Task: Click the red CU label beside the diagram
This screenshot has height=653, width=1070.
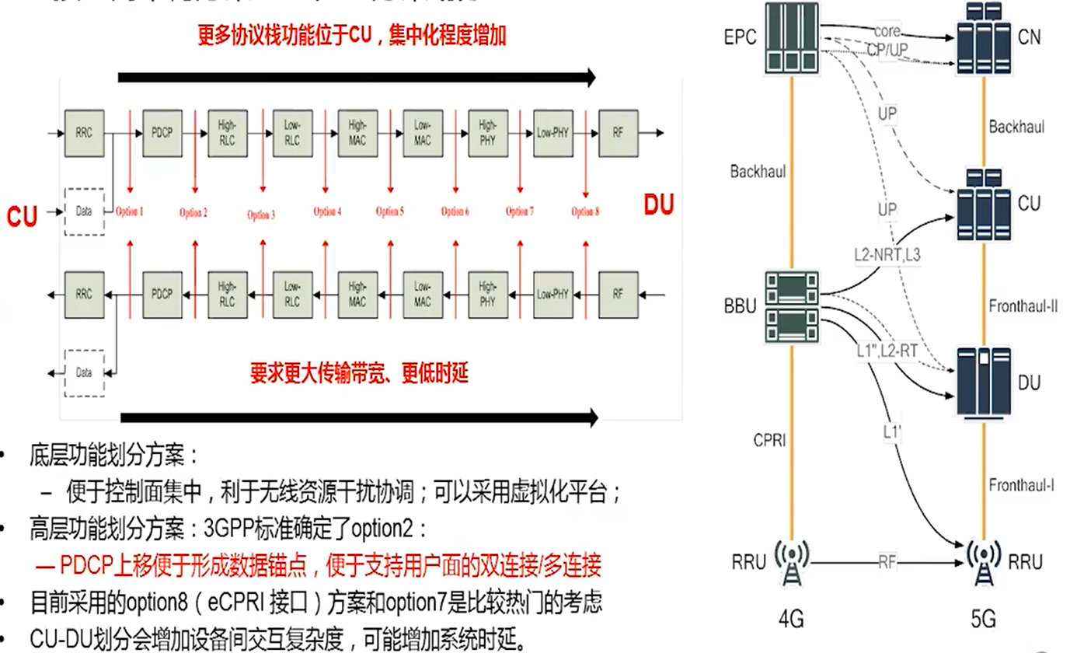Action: point(23,216)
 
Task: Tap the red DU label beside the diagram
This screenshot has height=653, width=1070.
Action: point(658,204)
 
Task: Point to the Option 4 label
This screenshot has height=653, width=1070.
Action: point(327,211)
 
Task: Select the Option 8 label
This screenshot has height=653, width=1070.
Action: point(584,212)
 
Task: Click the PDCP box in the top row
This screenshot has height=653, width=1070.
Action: point(162,132)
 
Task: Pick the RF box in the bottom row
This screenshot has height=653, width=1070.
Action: point(618,295)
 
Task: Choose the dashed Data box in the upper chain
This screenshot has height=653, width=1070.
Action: point(84,211)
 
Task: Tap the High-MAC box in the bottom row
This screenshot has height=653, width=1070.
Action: point(357,295)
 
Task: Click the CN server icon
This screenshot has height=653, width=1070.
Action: point(985,37)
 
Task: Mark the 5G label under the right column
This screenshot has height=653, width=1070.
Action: point(985,620)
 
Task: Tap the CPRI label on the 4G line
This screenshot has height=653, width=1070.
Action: point(769,441)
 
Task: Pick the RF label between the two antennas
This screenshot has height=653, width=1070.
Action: point(887,562)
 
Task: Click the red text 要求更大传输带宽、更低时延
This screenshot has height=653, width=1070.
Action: point(358,375)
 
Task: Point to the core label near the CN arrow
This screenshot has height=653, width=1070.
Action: point(887,31)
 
